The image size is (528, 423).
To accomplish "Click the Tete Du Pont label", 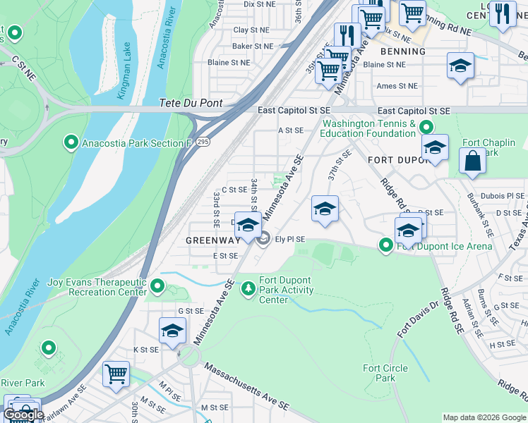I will [191, 102].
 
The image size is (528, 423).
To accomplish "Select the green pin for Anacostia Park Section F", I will [71, 143].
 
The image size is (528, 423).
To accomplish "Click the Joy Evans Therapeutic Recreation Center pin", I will [157, 286].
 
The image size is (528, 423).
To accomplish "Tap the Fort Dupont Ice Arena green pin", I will [386, 245].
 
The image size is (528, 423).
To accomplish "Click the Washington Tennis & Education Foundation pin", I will [426, 128].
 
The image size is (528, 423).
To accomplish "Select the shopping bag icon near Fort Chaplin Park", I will [472, 160].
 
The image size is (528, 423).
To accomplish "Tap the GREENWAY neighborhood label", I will [212, 240].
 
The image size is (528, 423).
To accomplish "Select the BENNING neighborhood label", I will [403, 51].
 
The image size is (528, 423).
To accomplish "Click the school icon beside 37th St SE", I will [325, 209].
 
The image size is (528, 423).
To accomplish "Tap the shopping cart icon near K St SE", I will [116, 374].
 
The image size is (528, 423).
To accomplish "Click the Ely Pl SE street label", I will [289, 239].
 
